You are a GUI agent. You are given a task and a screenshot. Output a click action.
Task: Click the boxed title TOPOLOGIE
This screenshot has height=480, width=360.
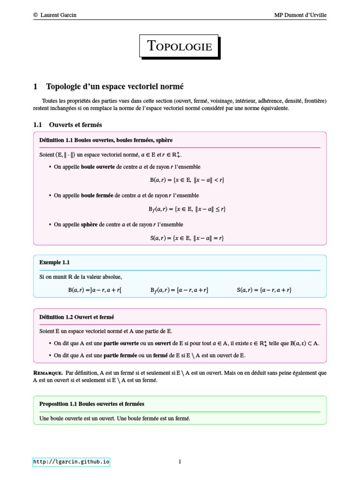click(x=180, y=46)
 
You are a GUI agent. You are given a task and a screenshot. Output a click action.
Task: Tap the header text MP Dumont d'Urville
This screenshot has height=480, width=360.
click(x=300, y=15)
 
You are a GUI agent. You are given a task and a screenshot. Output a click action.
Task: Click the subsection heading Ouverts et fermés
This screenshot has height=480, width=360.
click(x=75, y=125)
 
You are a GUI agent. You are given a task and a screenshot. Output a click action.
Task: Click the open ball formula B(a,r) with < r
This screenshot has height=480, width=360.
click(x=184, y=180)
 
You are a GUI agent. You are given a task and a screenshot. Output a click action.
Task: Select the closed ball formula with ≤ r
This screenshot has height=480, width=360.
click(x=184, y=209)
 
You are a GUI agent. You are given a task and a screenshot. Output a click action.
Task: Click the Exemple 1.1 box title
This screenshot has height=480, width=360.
click(x=54, y=262)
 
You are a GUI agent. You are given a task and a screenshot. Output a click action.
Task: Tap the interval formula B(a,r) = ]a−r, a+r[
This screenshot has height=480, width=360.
click(x=95, y=290)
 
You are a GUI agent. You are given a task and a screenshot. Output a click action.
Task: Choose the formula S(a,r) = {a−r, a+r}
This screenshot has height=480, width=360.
click(x=264, y=290)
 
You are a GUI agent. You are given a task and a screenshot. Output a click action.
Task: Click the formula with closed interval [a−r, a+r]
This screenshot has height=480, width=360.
click(x=179, y=290)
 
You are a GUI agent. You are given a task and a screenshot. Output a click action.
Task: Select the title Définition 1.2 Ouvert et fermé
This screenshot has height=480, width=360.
click(x=77, y=317)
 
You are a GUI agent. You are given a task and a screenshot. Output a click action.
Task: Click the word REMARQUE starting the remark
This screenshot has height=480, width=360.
click(x=48, y=373)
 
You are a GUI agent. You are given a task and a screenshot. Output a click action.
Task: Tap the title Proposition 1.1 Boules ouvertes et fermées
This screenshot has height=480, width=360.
click(x=92, y=404)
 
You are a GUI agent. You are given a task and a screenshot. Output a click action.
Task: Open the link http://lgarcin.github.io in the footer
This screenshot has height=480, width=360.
click(x=71, y=462)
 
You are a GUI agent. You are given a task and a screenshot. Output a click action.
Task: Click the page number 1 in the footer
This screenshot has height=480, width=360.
click(x=180, y=462)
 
